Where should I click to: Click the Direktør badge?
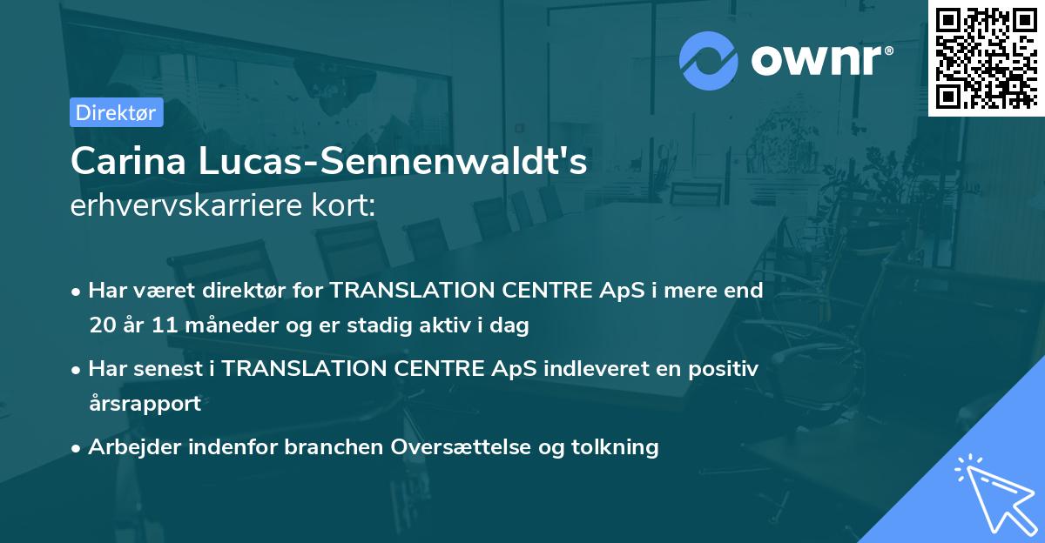pyautogui.click(x=116, y=112)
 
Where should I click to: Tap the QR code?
pyautogui.click(x=986, y=58)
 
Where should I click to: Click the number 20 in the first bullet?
pyautogui.click(x=101, y=325)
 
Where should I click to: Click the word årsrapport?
pyautogui.click(x=145, y=403)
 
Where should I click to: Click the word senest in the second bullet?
pyautogui.click(x=171, y=368)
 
